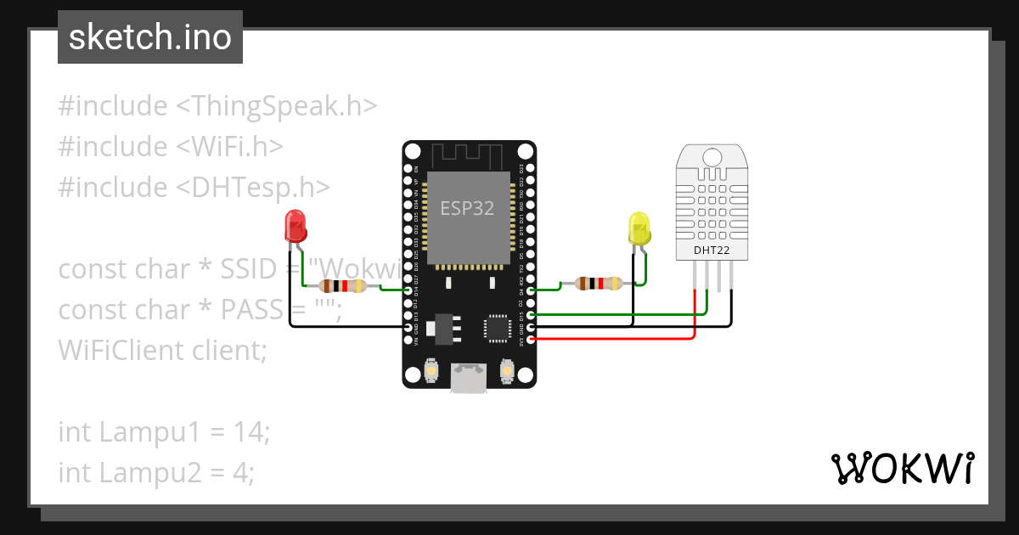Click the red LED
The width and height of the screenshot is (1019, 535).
[x=296, y=226]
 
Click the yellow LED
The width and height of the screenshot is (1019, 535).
[x=639, y=229]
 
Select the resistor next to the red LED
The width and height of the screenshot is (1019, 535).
[x=341, y=286]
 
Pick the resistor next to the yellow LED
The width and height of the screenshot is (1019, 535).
[x=599, y=284]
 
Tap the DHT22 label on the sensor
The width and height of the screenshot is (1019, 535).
[x=712, y=251]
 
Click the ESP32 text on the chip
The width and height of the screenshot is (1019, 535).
[x=467, y=208]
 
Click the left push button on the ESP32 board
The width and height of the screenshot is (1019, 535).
[x=431, y=372]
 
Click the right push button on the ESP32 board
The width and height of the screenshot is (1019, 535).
[x=507, y=372]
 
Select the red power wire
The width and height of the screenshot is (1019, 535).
[x=611, y=340]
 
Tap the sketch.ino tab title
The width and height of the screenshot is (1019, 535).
[x=149, y=37]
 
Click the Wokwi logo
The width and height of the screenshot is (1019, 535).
[x=901, y=468]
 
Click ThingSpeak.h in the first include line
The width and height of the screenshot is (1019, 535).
[x=277, y=106]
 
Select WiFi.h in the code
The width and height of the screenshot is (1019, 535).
[x=229, y=147]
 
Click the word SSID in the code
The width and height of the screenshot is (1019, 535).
[x=248, y=269]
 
